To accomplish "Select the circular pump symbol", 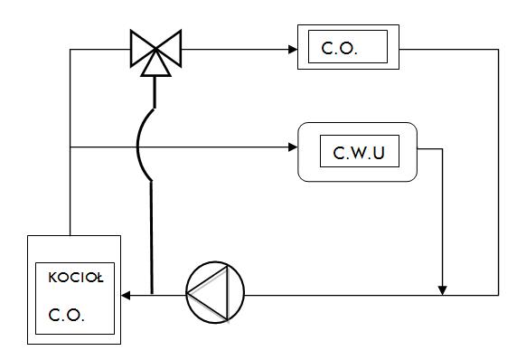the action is [x=215, y=292].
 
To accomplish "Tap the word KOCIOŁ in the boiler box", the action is [x=76, y=278].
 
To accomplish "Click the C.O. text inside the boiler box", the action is [x=66, y=315].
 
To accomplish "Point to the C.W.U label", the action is [x=359, y=153].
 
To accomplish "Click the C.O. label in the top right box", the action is [x=340, y=48].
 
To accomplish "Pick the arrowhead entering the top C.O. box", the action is [x=293, y=50].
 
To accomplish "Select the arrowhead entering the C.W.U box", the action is [x=293, y=147].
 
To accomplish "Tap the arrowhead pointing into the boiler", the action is [x=126, y=296].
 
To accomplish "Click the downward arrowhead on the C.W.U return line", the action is [x=443, y=290].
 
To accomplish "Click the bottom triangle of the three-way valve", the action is [x=155, y=63].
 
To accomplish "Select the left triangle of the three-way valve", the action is [x=143, y=49].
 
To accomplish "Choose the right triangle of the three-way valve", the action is [x=169, y=49].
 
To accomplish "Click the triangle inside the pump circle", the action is [x=212, y=293].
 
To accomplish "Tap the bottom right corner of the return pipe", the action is [x=499, y=295].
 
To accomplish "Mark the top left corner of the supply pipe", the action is [x=70, y=50].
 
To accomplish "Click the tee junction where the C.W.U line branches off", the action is [x=70, y=147].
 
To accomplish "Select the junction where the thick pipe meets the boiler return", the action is [x=153, y=295].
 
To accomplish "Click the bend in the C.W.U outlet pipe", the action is [x=443, y=148].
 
